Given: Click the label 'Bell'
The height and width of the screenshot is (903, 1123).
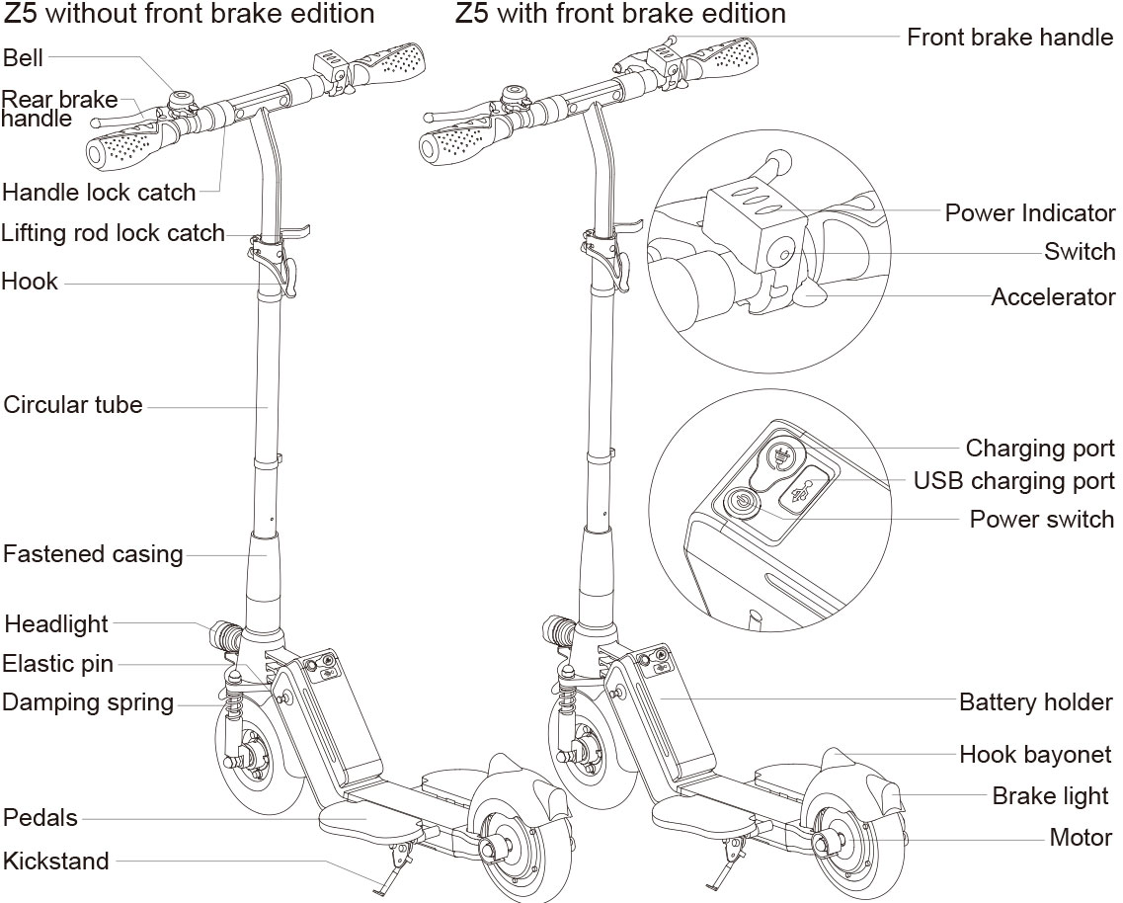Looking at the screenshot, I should (x=24, y=57).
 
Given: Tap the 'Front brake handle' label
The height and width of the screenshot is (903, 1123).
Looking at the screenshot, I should (x=1009, y=38).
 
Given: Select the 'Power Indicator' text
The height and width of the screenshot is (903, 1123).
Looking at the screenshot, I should (x=1029, y=212).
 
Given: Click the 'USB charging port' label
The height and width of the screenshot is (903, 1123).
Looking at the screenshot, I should (x=1013, y=481).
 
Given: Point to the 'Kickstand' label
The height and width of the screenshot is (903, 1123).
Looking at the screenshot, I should (x=56, y=861).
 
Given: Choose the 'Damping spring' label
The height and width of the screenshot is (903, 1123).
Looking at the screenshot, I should (x=88, y=702).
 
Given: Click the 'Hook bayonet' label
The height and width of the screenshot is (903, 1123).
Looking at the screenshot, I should (x=1035, y=755).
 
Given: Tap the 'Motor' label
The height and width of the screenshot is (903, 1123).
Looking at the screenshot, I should (x=1081, y=837).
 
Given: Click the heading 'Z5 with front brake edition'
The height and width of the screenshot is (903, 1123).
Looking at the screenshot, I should (x=620, y=14).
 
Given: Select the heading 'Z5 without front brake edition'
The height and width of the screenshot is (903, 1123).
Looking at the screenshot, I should (x=191, y=14).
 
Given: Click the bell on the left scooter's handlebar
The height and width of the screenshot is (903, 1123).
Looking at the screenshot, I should (x=182, y=99).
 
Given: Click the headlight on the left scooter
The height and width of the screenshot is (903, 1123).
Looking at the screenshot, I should (x=225, y=631).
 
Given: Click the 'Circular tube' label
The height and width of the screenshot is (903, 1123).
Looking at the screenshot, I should (x=73, y=405).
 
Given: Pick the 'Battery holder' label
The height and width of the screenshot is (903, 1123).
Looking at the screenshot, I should (x=1035, y=702).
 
